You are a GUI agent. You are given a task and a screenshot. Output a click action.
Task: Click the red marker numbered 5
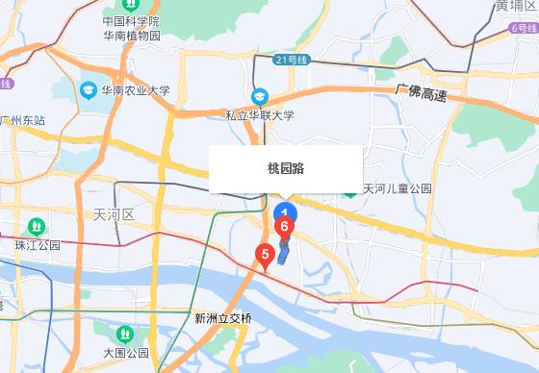(262, 255)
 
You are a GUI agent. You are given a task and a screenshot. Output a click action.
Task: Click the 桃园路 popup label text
(285, 167)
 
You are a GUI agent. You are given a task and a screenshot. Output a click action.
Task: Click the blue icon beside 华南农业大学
(89, 90)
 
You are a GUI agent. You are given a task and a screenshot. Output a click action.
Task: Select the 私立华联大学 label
(260, 115)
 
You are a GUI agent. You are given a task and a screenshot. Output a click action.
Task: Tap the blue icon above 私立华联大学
(260, 97)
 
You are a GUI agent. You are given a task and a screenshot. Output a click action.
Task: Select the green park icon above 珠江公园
(37, 227)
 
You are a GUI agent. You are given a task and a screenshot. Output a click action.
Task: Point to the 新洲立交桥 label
(222, 318)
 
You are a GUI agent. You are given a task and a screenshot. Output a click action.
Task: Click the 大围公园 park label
(125, 352)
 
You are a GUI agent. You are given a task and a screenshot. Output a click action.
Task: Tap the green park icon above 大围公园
(124, 334)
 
